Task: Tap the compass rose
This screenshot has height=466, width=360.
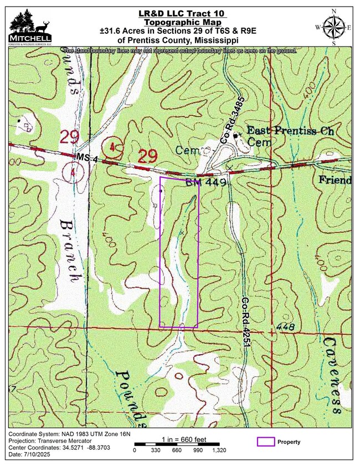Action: [333, 27]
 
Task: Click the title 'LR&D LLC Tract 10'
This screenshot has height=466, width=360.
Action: [182, 13]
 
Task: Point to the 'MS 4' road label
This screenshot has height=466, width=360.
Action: [87, 159]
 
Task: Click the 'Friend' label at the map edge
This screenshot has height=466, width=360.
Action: [335, 181]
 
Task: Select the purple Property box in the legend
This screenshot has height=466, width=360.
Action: [266, 442]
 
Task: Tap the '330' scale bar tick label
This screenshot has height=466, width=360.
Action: [156, 450]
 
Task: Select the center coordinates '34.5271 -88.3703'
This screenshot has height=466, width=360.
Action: [87, 447]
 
